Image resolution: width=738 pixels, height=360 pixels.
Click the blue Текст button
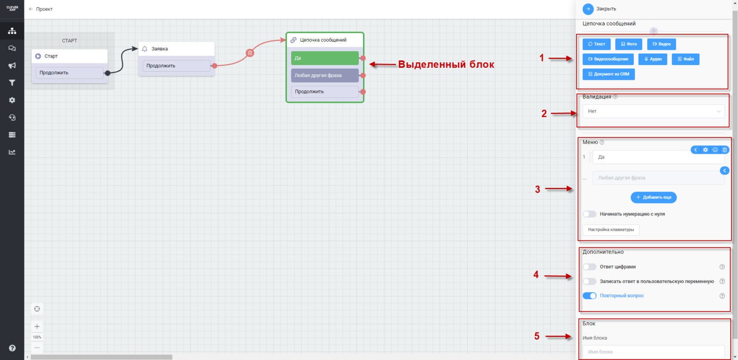[596, 44]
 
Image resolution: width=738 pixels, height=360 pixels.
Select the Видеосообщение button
[608, 59]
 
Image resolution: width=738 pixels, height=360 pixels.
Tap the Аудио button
[652, 59]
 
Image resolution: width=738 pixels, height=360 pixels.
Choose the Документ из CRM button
[608, 74]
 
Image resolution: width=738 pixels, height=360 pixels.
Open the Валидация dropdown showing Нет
[653, 111]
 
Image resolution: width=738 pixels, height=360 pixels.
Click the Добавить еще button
[654, 198]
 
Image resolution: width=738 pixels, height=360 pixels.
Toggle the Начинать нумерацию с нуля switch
[589, 214]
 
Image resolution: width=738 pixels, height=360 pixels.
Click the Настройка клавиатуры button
[611, 230]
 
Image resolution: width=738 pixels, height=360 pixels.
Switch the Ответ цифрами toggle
[589, 267]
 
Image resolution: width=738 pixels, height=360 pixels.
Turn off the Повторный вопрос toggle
[589, 296]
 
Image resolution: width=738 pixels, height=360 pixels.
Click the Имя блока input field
[653, 352]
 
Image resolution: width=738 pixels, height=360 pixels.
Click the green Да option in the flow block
[324, 58]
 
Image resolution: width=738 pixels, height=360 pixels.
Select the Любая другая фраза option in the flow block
[324, 75]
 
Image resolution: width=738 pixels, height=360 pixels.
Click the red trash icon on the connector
[250, 53]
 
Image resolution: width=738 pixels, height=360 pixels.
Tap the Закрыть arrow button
[588, 9]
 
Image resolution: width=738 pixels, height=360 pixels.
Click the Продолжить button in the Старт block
[69, 73]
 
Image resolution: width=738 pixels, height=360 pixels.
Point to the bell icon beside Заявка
[145, 49]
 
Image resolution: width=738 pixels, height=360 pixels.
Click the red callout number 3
[537, 189]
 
